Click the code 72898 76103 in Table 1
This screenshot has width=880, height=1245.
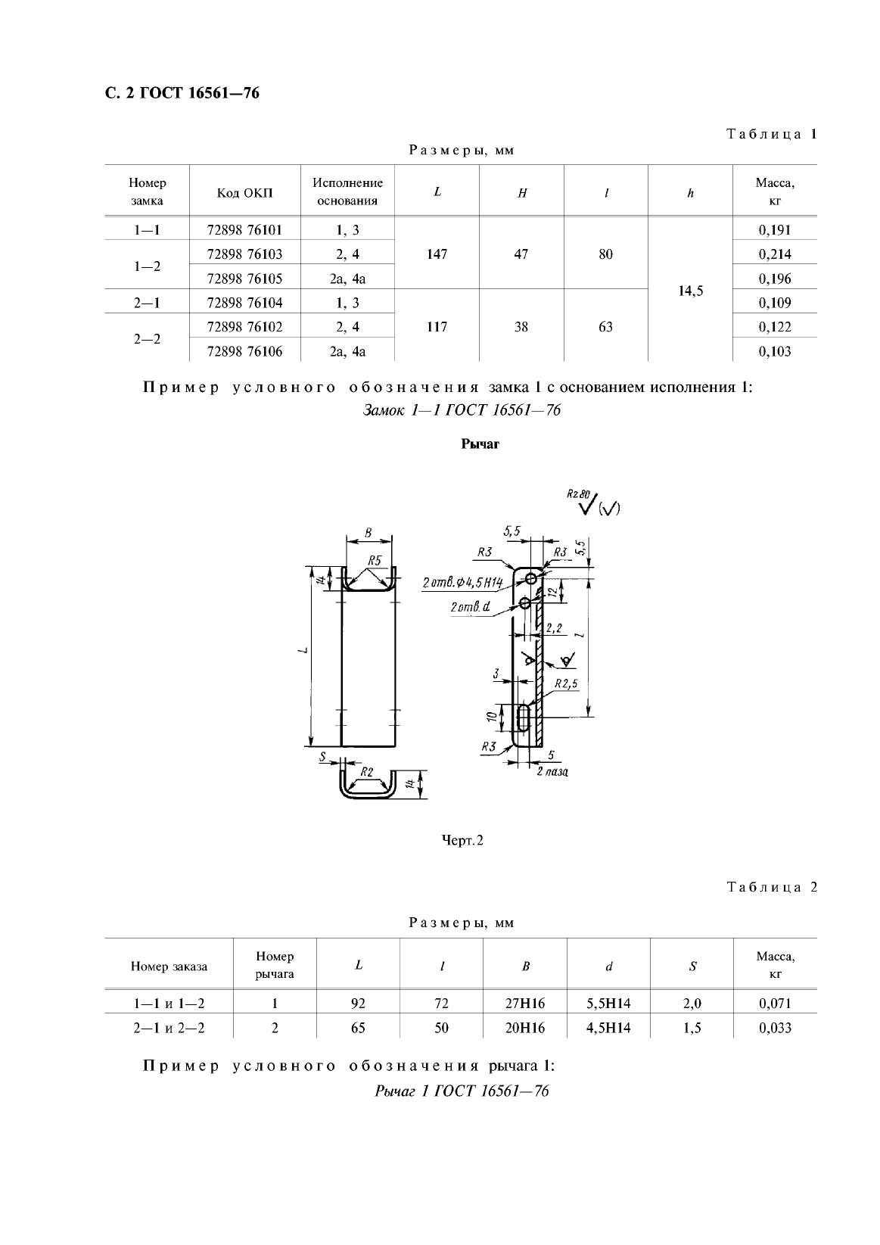[x=244, y=254]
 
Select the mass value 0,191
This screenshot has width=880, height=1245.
[x=774, y=230]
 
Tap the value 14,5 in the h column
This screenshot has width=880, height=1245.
[x=690, y=291]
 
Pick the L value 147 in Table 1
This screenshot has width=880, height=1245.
[x=437, y=254]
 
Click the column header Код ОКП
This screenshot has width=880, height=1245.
[x=244, y=193]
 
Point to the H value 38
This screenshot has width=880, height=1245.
[x=521, y=327]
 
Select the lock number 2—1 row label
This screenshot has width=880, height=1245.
[x=146, y=303]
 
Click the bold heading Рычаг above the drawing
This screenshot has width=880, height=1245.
[x=480, y=444]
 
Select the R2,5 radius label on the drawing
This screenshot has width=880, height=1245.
[x=565, y=683]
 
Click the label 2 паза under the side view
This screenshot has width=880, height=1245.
[x=552, y=771]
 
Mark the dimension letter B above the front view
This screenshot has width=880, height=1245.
[x=368, y=533]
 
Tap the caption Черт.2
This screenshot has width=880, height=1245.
[x=462, y=840]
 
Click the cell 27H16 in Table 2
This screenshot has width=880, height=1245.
[x=525, y=1004]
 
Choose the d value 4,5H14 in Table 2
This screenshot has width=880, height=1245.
[x=608, y=1028]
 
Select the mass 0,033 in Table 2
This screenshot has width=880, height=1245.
[x=775, y=1028]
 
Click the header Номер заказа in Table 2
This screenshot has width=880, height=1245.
[x=169, y=966]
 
